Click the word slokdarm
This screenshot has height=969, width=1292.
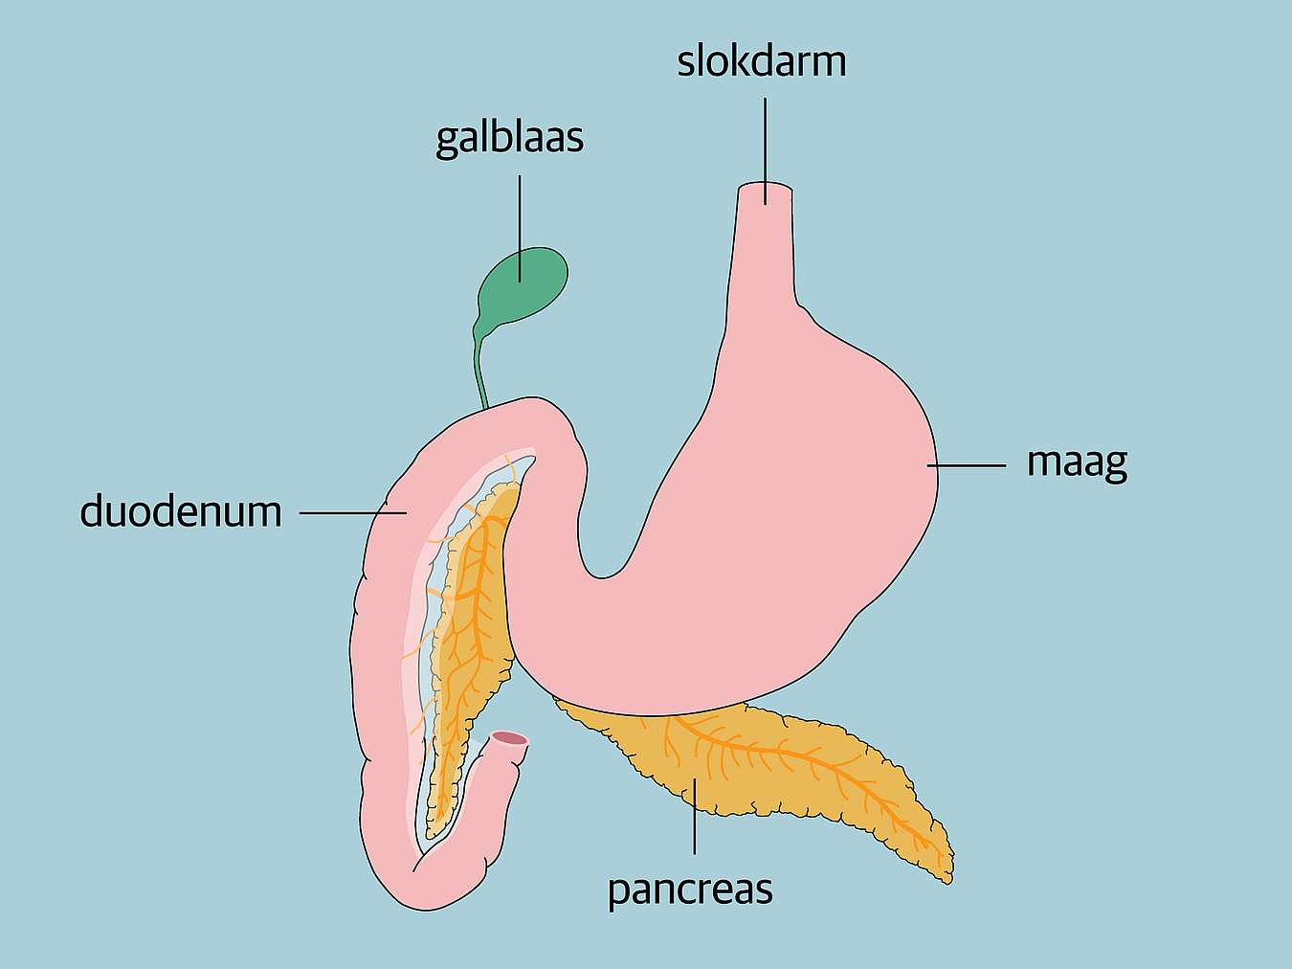(x=762, y=62)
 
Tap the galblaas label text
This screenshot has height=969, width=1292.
(x=510, y=139)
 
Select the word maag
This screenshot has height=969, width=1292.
(x=1078, y=464)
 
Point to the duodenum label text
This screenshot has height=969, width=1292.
(x=181, y=511)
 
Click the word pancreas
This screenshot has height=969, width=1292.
(x=690, y=890)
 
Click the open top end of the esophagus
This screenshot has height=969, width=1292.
(x=766, y=189)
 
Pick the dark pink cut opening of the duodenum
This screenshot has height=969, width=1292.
(x=510, y=738)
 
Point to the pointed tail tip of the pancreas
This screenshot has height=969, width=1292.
(x=947, y=881)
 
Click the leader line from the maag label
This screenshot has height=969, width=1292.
(x=967, y=465)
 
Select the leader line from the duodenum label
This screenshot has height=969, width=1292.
(x=353, y=513)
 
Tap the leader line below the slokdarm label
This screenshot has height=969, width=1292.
(x=766, y=151)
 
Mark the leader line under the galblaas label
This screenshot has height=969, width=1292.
(x=520, y=229)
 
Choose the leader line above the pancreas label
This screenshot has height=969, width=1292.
(x=695, y=816)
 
